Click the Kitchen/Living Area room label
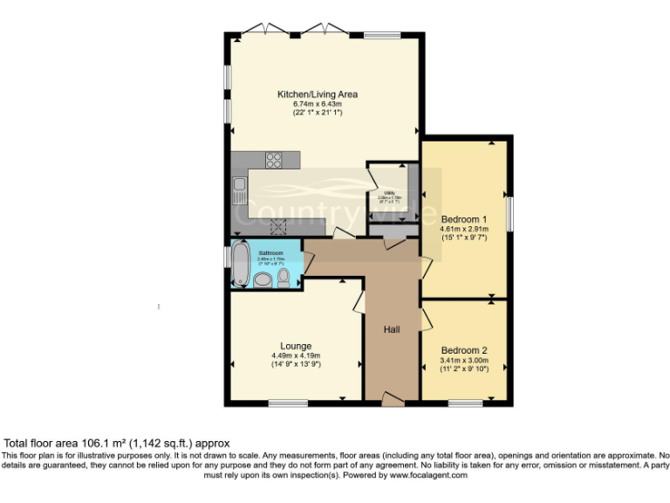(318, 94)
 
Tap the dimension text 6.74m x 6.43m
(318, 104)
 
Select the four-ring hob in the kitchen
(273, 160)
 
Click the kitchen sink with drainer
(239, 189)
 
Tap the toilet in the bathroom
(284, 277)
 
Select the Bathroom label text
(270, 253)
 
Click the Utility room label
(390, 193)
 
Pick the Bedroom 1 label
(464, 218)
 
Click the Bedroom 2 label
(464, 350)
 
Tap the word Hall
(393, 329)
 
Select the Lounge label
(296, 346)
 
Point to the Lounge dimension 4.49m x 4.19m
(296, 355)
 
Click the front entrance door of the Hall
(393, 400)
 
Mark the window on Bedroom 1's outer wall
(510, 212)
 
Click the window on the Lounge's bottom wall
(288, 403)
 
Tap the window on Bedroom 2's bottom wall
(466, 403)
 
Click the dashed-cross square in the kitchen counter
(280, 228)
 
